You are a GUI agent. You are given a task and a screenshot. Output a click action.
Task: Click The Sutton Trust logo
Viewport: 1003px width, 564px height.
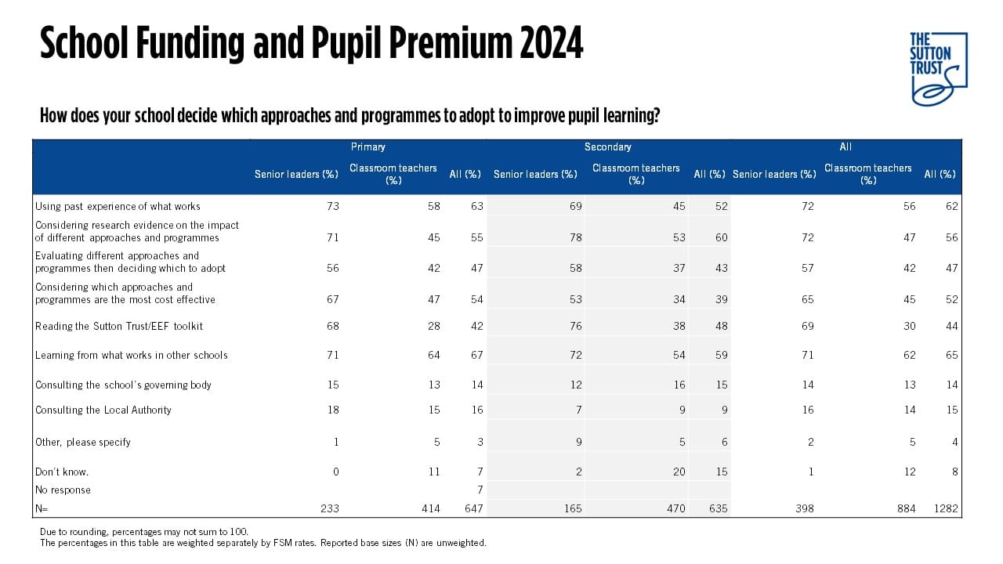(938, 68)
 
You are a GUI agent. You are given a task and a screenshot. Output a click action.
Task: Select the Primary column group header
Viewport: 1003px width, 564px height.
(368, 146)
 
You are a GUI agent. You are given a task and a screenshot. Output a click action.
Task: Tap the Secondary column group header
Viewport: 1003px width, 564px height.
(607, 146)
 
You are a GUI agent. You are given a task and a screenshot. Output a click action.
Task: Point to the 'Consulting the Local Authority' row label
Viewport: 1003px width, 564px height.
(103, 410)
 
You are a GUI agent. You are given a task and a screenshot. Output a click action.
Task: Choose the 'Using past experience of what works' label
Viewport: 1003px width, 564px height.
(118, 206)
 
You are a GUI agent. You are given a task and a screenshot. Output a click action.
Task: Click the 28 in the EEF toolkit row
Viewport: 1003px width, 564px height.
(433, 326)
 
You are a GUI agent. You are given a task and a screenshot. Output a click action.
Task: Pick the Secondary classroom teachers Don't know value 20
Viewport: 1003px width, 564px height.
(679, 472)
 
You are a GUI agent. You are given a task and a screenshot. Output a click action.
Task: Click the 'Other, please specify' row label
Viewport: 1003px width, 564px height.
(83, 442)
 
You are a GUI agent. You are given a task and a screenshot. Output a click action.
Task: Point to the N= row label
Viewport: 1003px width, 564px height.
(42, 508)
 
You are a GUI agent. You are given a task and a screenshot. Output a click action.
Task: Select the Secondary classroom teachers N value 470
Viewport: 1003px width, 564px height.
(675, 508)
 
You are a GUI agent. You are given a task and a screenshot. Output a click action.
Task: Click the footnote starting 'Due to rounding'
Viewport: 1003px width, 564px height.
(144, 531)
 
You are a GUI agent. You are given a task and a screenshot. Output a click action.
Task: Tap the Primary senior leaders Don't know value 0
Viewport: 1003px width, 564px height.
(336, 472)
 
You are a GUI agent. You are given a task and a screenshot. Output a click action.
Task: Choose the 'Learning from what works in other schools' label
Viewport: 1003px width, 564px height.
(131, 355)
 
